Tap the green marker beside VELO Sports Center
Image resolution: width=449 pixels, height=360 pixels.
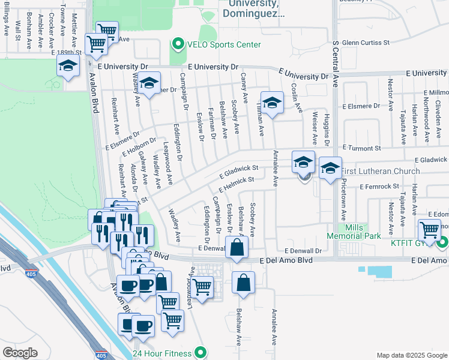click(178, 44)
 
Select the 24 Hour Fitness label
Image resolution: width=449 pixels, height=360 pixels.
click(163, 353)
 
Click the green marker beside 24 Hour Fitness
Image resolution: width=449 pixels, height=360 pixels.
click(202, 353)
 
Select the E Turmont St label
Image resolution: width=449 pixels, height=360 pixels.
click(362, 148)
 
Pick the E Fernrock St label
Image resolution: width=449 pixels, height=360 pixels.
click(379, 187)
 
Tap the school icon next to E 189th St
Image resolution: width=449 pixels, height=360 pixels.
click(69, 67)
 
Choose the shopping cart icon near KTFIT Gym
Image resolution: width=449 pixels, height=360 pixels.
click(430, 230)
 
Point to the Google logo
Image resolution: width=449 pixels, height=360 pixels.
click(20, 353)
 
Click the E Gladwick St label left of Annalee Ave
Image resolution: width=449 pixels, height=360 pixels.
click(238, 172)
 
